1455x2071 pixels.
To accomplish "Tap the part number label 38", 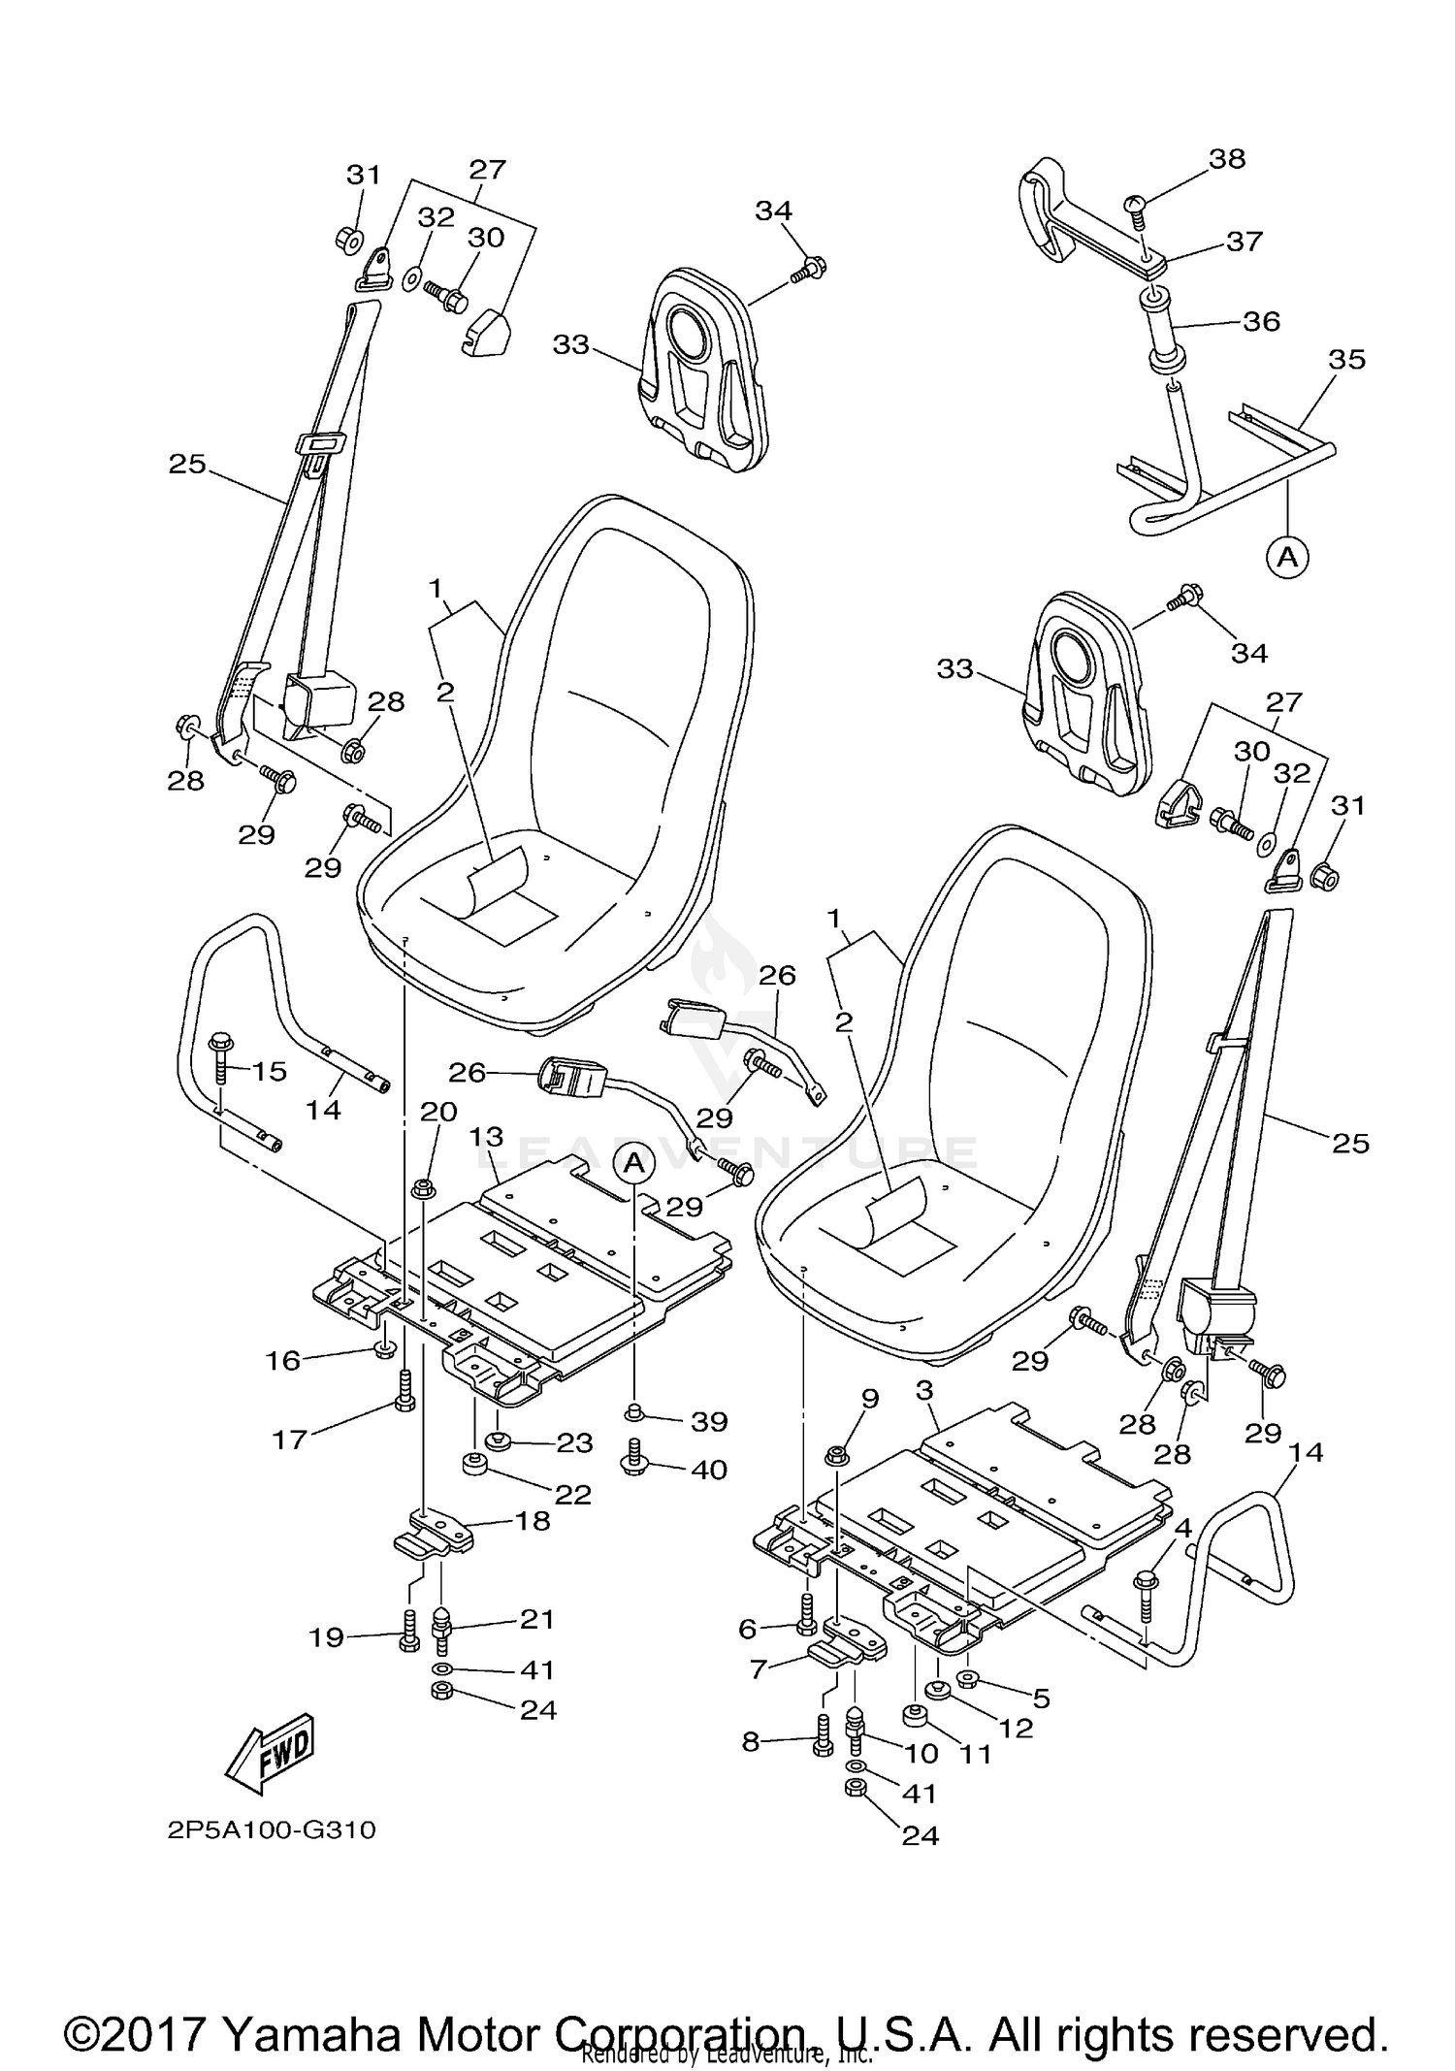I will [1227, 158].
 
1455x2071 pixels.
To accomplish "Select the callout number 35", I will [1346, 359].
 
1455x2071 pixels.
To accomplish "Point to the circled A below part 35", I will [1287, 557].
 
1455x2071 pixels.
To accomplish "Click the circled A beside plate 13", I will [633, 1161].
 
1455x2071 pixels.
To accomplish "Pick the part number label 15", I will [270, 1071].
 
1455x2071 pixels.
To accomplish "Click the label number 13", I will [488, 1136].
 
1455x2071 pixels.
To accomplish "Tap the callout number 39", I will [709, 1421].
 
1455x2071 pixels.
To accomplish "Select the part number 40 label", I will [709, 1470].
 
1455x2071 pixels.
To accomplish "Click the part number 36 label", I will [1261, 320].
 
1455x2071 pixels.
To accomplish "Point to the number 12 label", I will [1016, 1728].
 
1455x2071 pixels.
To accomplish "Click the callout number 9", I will [870, 1398].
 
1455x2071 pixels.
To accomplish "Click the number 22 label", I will [572, 1494].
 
